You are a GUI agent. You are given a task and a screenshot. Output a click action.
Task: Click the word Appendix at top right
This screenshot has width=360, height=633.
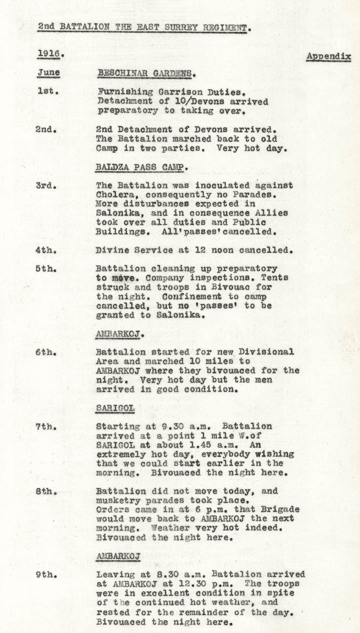[x=328, y=56]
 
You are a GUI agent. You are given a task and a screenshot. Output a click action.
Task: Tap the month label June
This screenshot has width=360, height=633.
[x=48, y=72]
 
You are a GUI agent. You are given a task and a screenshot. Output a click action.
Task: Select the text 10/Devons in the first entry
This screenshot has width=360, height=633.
[x=190, y=101]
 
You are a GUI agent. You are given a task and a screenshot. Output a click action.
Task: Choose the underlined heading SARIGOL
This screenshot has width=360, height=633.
[x=115, y=408]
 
